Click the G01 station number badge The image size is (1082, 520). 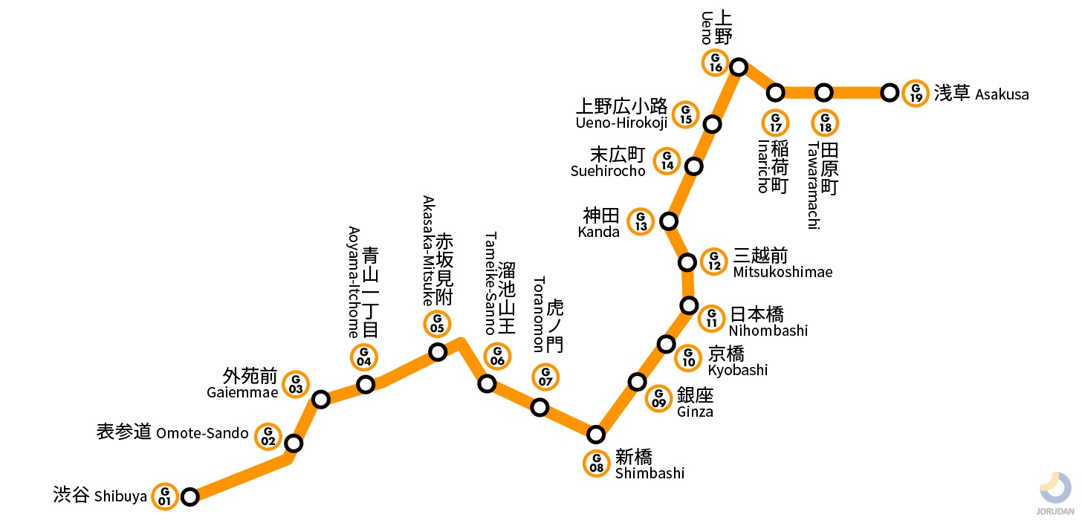coord(164,495)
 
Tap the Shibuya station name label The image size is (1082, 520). coord(100,495)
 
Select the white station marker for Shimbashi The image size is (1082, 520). coord(596,434)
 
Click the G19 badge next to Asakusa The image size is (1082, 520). coord(916,93)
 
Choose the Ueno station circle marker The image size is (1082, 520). coord(739,67)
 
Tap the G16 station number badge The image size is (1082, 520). coord(715,62)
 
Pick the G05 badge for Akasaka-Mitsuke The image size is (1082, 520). coord(437,324)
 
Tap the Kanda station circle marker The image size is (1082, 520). coord(669,221)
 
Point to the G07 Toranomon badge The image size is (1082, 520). coord(545,377)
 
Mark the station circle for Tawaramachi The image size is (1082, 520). coord(823,93)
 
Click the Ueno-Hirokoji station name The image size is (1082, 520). coord(621,114)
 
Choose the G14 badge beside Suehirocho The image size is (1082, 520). coord(667,160)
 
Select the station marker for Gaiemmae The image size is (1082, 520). coord(321,400)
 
